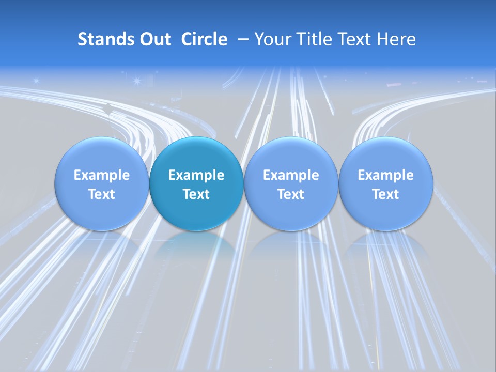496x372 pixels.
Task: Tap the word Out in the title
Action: [x=154, y=39]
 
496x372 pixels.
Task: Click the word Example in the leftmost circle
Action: [x=102, y=175]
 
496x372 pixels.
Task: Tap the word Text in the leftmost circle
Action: [x=102, y=194]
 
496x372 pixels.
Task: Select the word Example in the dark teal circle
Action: [x=196, y=175]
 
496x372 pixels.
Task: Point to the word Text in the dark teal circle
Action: [x=196, y=194]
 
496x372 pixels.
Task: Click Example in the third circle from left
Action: [x=291, y=175]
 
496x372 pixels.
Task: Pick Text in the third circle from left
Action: [x=291, y=194]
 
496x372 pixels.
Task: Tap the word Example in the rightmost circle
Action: [x=385, y=175]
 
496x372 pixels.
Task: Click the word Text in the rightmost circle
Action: [x=385, y=194]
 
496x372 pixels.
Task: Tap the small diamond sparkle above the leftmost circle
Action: [x=108, y=109]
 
